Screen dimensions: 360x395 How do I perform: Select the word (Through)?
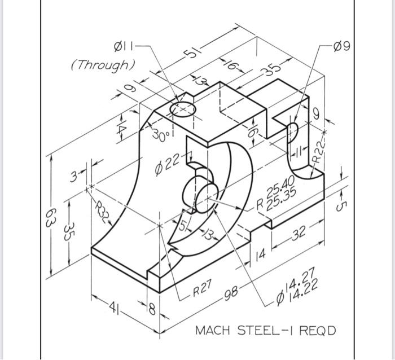(103, 64)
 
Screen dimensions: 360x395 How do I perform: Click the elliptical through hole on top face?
(183, 109)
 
